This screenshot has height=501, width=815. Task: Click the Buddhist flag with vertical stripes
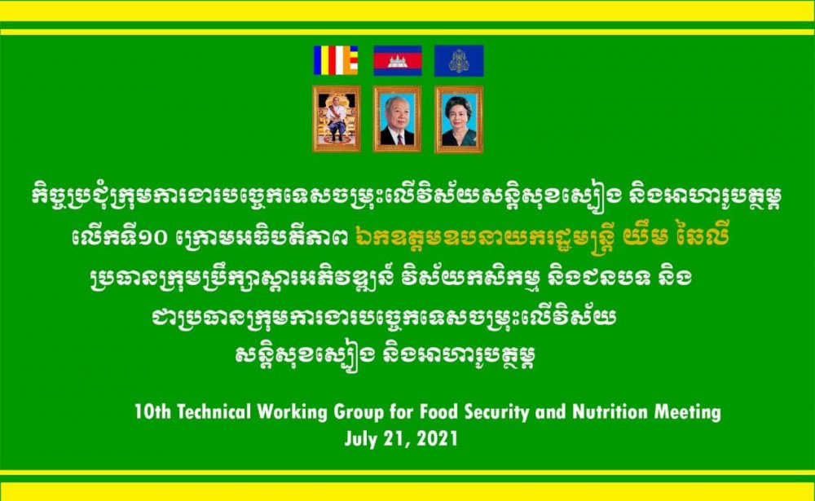[x=336, y=60]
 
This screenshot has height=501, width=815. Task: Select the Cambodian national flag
[x=398, y=60]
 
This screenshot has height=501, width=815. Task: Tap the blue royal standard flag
[x=459, y=60]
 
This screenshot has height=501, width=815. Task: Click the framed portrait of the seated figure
[x=337, y=118]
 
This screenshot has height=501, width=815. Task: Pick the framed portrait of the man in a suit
[x=397, y=119]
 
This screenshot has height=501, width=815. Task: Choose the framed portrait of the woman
[x=459, y=120]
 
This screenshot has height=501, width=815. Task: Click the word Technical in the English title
[x=214, y=412]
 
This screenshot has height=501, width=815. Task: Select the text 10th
[x=153, y=412]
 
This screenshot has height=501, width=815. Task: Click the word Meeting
[x=688, y=413]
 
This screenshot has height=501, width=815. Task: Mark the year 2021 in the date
[x=437, y=438]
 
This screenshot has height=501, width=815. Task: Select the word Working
[x=293, y=413]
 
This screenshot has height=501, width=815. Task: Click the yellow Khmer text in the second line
[x=542, y=238]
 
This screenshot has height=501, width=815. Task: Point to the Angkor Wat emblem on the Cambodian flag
[x=398, y=61]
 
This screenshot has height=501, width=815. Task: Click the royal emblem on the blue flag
[x=459, y=61]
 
